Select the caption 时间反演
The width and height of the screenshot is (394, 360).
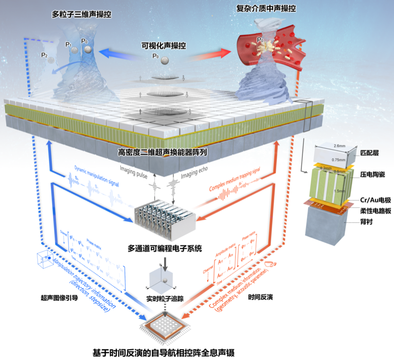click(258, 298)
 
